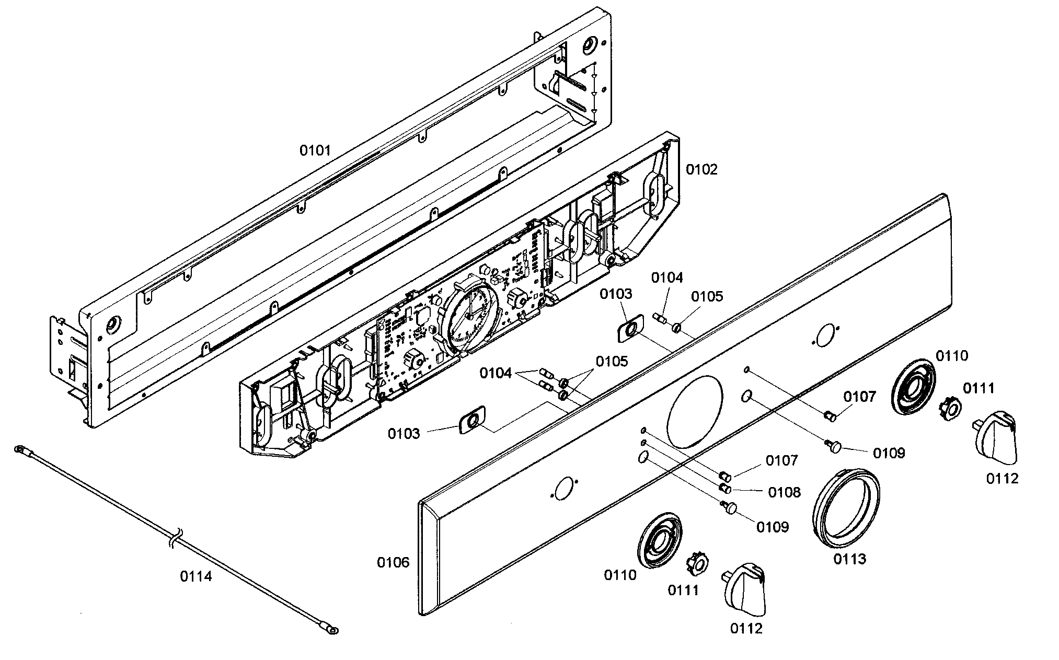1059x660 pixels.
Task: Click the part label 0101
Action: [315, 151]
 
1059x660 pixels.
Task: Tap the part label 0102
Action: [702, 169]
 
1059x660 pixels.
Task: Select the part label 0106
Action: [393, 562]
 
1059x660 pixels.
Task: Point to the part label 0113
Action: [849, 559]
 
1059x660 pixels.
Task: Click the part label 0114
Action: [196, 577]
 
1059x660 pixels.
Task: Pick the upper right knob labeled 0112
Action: [995, 437]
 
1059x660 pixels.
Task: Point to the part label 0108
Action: [784, 492]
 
